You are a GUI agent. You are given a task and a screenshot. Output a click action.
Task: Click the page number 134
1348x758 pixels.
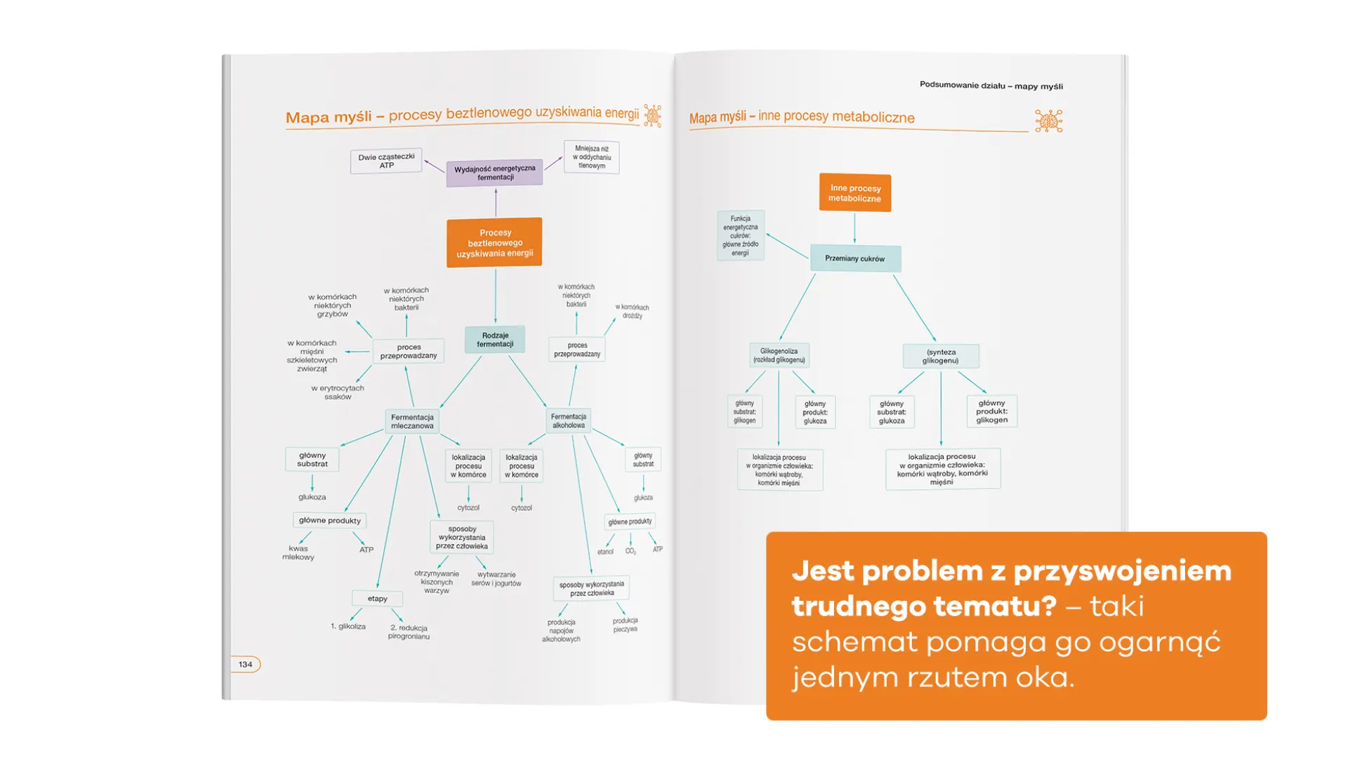(245, 664)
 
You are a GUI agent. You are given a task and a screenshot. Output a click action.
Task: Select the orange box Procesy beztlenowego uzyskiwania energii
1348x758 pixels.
(494, 243)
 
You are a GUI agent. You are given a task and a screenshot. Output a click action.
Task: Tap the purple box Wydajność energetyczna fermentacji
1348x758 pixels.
(494, 173)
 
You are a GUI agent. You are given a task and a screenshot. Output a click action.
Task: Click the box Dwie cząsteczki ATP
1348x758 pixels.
(386, 161)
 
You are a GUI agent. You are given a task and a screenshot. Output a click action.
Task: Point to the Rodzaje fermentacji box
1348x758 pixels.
(495, 340)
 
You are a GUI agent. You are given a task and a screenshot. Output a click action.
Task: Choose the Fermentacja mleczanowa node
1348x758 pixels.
(412, 421)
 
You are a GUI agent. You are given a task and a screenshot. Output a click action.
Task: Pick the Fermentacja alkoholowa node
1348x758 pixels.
(568, 420)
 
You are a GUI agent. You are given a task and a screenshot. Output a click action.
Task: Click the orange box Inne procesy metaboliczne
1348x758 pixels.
(854, 193)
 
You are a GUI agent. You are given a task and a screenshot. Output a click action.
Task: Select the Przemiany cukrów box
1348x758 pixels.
(854, 258)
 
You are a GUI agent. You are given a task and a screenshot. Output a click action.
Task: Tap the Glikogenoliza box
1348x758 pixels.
(779, 355)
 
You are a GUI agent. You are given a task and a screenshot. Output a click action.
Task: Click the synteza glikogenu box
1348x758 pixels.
(940, 356)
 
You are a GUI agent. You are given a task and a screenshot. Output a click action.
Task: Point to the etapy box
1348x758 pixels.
(377, 599)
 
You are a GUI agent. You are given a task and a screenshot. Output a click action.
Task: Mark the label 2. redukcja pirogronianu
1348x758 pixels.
(409, 632)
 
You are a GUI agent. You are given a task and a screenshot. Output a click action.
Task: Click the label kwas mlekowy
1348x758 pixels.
(298, 552)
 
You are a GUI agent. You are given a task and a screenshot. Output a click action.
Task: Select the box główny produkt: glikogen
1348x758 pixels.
(991, 411)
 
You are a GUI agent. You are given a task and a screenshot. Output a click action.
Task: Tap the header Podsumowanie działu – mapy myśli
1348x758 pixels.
(991, 86)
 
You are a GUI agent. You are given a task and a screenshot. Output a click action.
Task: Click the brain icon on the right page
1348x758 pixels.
(1048, 121)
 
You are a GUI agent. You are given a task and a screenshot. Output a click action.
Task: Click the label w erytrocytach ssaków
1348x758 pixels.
(338, 392)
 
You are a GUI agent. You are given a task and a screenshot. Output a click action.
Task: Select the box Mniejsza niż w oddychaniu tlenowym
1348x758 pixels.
(591, 157)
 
